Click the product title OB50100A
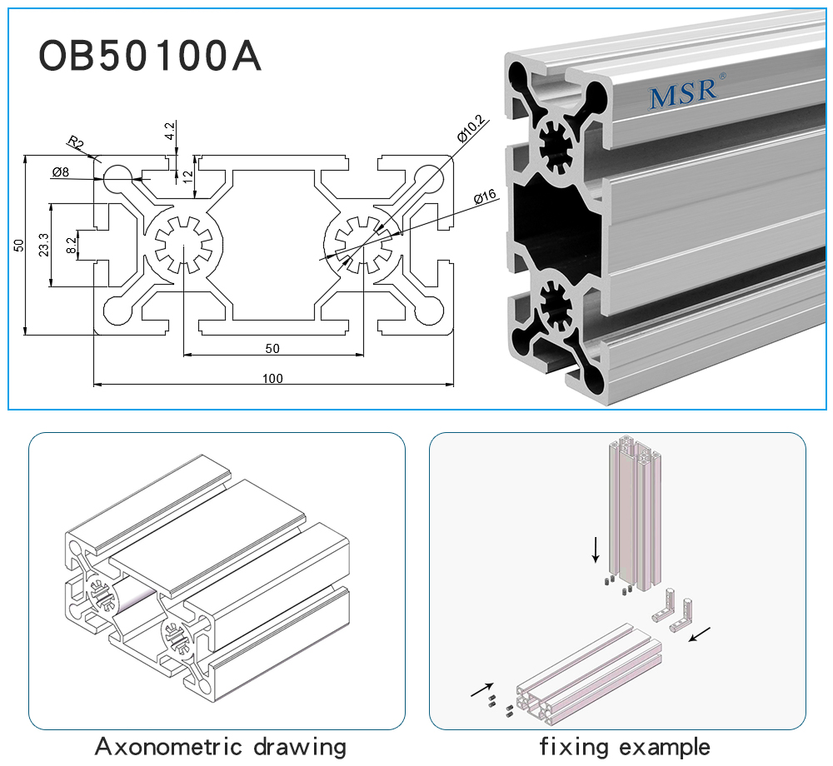point(150,56)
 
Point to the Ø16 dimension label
point(485,197)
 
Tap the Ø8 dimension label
point(60,172)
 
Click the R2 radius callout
point(76,142)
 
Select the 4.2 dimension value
point(170,131)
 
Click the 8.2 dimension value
point(72,245)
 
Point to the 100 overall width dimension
point(272,379)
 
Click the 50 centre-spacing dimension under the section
point(272,348)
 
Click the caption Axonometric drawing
point(220,746)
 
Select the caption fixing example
point(625,746)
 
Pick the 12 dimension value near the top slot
point(188,177)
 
